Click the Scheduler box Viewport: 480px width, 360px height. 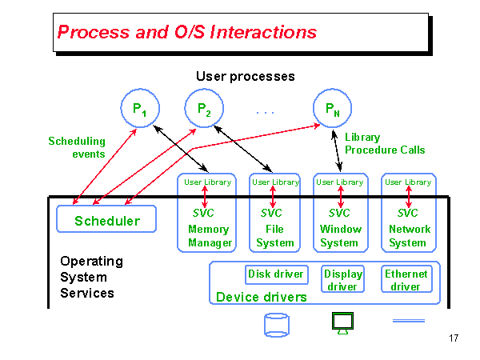tap(107, 220)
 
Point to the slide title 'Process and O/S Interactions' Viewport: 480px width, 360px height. tap(187, 33)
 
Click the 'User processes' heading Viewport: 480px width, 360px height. tap(246, 77)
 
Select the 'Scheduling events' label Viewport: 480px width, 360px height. tap(77, 147)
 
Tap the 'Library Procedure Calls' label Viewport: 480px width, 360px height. tap(385, 143)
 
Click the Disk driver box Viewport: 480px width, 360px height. tap(276, 274)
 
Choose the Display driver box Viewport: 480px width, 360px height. tap(342, 280)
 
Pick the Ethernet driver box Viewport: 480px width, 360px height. tap(406, 280)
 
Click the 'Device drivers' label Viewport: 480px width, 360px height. tap(262, 298)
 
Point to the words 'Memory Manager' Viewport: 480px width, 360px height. tap(209, 236)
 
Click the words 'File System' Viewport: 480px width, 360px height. tap(275, 236)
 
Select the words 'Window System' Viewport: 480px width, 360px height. tap(339, 236)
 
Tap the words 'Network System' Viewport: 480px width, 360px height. tap(408, 236)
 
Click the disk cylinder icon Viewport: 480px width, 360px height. tap(276, 324)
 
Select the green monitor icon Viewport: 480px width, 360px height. tap(342, 322)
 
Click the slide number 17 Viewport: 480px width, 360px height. tap(454, 338)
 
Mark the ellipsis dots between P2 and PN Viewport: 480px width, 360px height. tap(266, 113)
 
